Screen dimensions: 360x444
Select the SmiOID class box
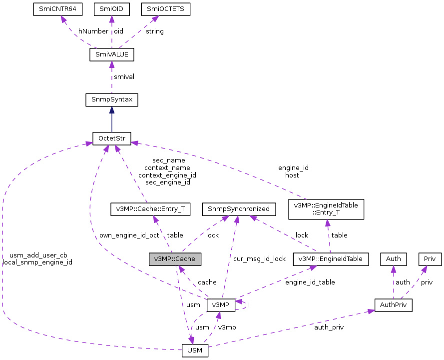pyautogui.click(x=112, y=9)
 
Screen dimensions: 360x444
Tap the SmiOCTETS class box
pyautogui.click(x=158, y=9)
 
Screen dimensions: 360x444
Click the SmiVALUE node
pyautogui.click(x=111, y=54)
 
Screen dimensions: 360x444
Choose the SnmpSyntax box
pyautogui.click(x=111, y=99)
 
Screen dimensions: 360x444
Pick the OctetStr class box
pyautogui.click(x=111, y=138)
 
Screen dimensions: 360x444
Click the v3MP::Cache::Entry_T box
pyautogui.click(x=150, y=209)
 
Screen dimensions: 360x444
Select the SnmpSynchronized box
pyautogui.click(x=236, y=209)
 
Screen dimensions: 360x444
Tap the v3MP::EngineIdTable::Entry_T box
pyautogui.click(x=326, y=209)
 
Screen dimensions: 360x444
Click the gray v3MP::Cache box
pyautogui.click(x=175, y=259)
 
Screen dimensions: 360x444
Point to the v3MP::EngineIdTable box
pyautogui.click(x=331, y=259)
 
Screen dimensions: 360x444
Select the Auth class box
pyautogui.click(x=394, y=259)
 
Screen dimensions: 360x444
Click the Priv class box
pyautogui.click(x=430, y=259)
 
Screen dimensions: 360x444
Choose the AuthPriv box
pyautogui.click(x=393, y=304)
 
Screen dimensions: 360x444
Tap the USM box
pyautogui.click(x=194, y=350)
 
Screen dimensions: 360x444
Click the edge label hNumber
pyautogui.click(x=93, y=31)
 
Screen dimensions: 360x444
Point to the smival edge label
pyautogui.click(x=124, y=77)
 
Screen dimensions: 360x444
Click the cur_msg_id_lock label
pyautogui.click(x=259, y=258)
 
